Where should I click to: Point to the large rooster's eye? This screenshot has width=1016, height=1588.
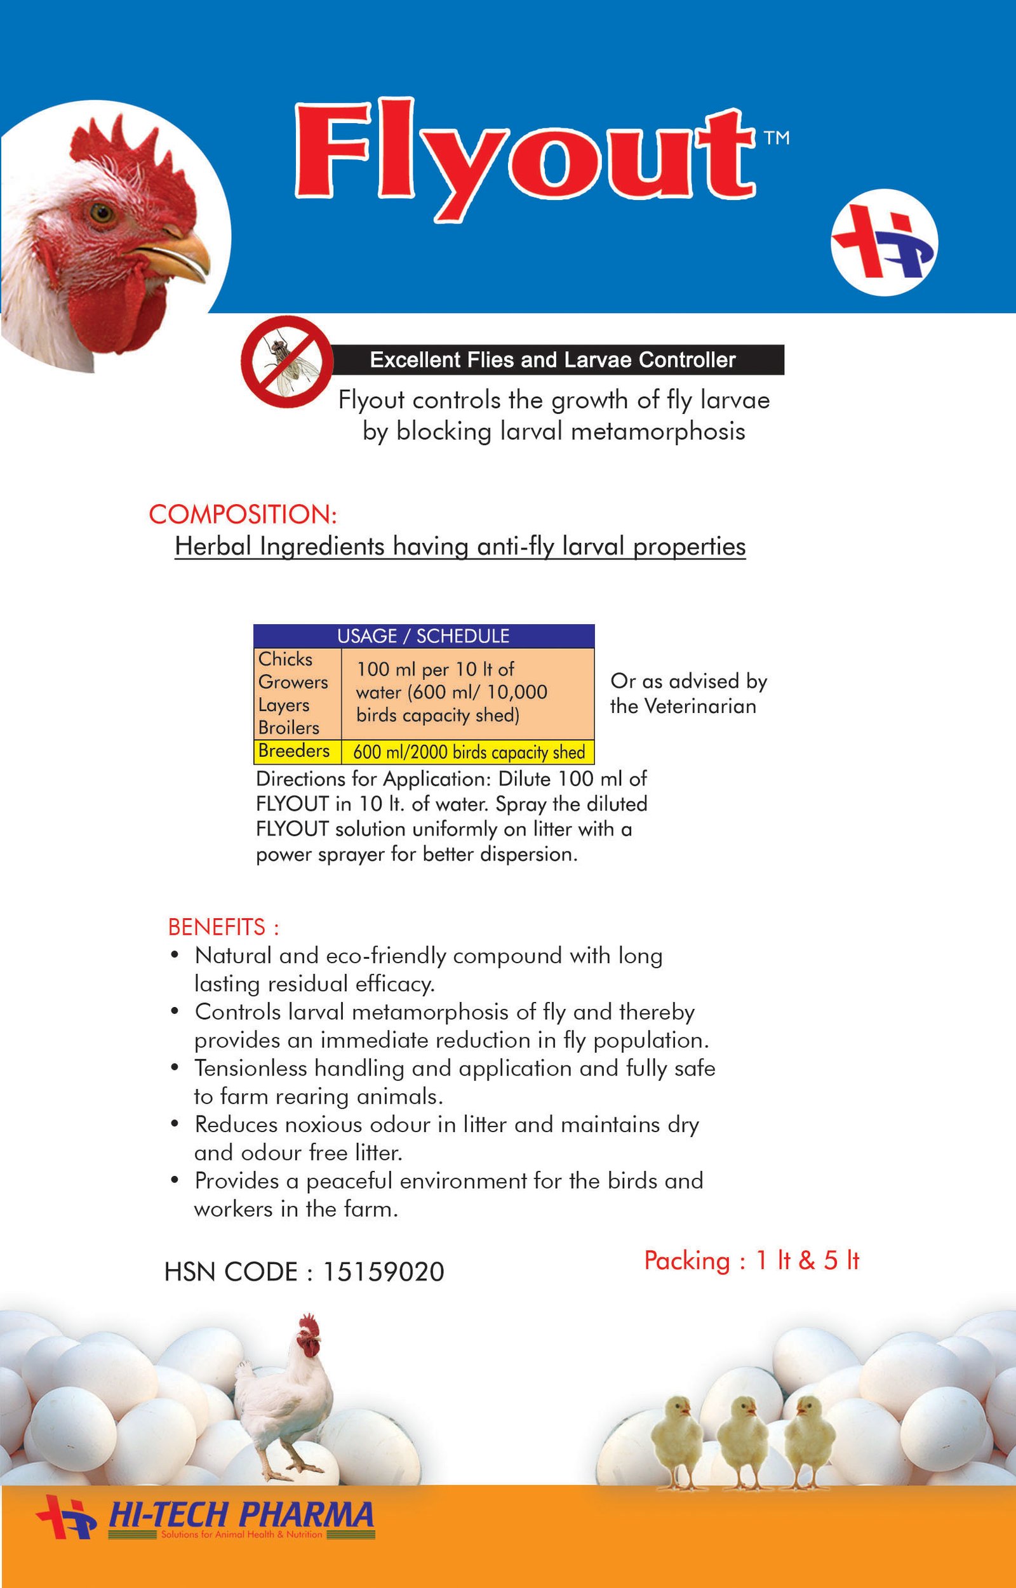102,213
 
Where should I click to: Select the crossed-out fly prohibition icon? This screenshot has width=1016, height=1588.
286,360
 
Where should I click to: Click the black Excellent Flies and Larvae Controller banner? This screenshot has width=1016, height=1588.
553,359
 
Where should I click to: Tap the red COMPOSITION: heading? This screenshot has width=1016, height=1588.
243,514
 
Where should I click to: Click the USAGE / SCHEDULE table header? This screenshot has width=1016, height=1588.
424,636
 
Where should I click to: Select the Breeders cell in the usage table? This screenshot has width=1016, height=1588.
294,751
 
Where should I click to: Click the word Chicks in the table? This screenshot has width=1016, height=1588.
286,659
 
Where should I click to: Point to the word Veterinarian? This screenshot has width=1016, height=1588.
700,707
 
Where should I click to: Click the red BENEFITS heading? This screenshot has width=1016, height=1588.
224,927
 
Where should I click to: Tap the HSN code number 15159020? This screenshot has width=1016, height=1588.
384,1272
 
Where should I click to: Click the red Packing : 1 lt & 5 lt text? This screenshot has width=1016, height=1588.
751,1260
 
